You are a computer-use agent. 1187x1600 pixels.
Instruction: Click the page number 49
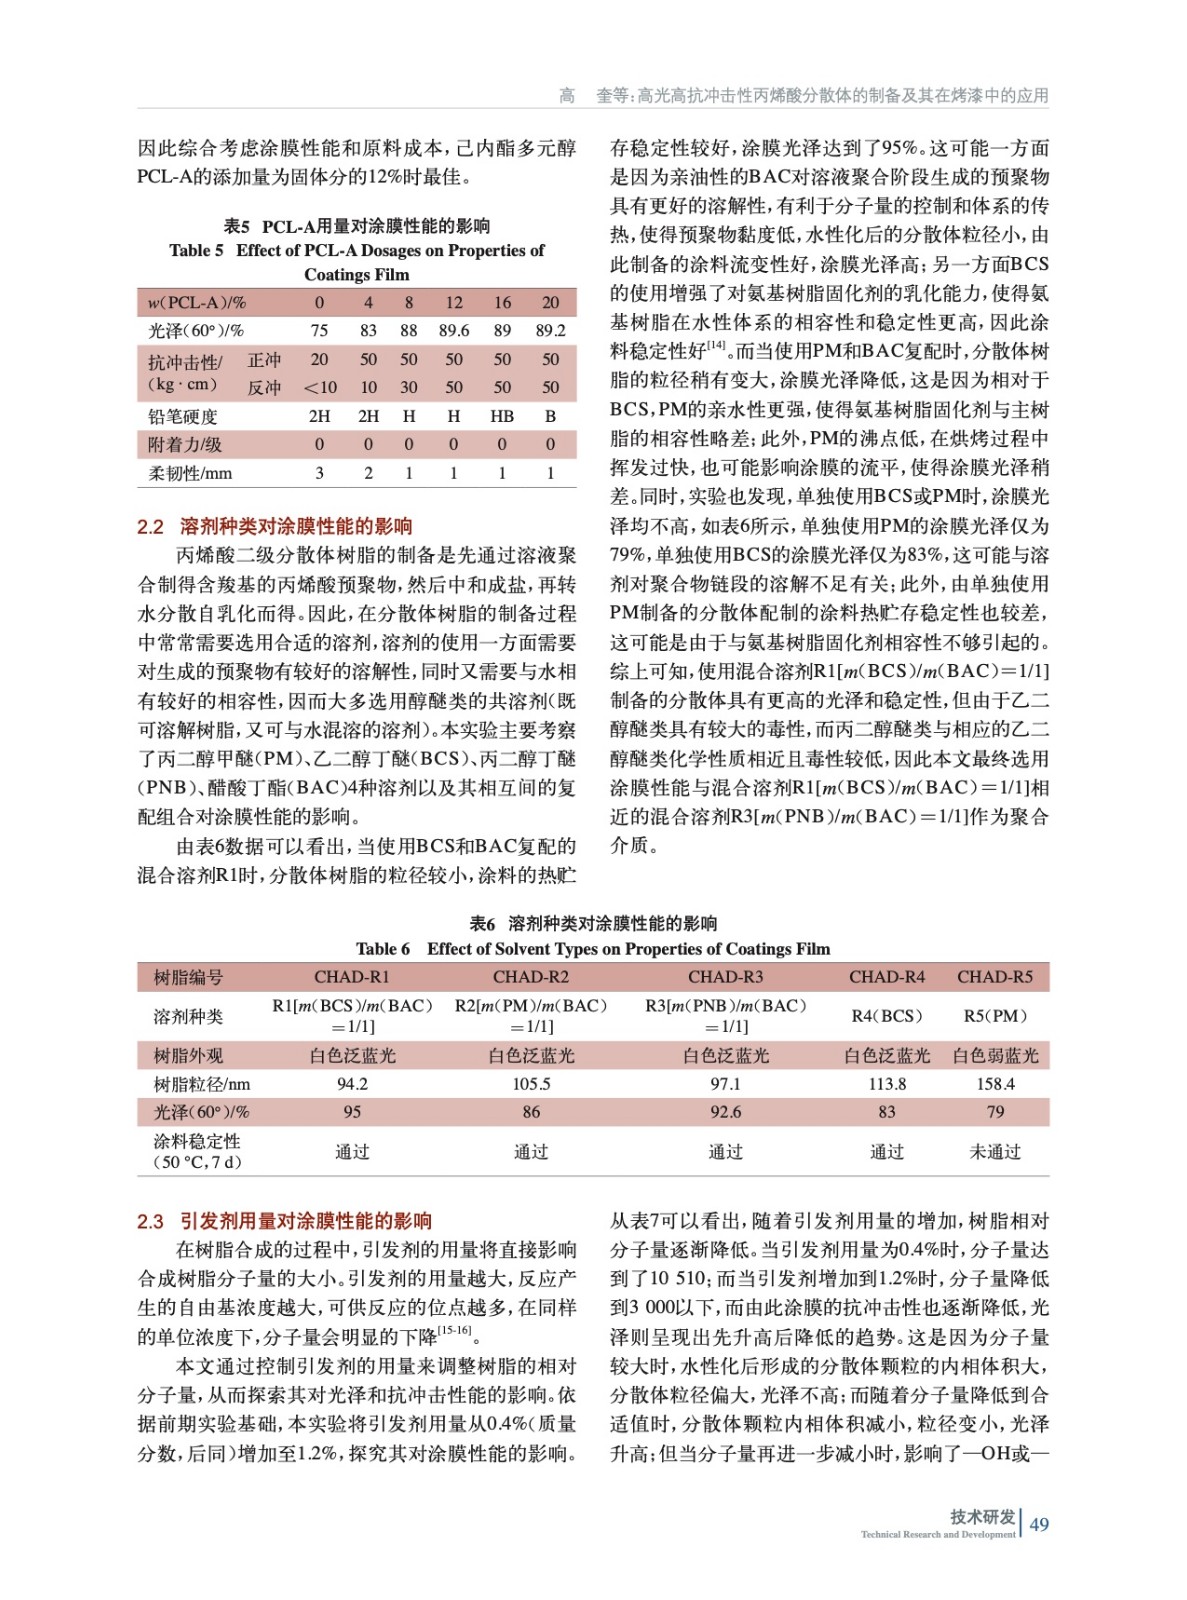point(1039,1524)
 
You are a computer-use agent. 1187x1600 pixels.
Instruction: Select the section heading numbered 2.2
point(275,526)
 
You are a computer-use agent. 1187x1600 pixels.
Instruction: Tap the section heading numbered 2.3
point(285,1221)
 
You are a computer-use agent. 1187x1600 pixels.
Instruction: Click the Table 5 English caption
point(357,262)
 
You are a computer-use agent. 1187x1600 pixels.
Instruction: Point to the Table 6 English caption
point(593,948)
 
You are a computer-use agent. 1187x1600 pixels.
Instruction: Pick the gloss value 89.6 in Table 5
point(454,331)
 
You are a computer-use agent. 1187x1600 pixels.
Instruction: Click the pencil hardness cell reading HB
point(502,416)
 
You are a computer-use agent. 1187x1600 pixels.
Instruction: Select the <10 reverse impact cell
point(320,388)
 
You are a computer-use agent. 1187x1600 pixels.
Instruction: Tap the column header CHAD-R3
point(725,977)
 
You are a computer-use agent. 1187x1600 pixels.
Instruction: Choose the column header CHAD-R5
point(995,977)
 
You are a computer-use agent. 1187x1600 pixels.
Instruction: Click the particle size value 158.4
point(995,1084)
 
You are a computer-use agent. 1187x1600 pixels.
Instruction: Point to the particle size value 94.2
point(352,1084)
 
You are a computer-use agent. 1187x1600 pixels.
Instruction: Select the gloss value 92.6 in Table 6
point(725,1112)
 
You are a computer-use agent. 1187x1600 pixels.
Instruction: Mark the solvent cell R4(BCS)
point(887,1016)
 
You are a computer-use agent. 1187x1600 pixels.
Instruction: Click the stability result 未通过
point(995,1152)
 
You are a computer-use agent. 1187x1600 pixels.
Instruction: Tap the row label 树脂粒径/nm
point(202,1084)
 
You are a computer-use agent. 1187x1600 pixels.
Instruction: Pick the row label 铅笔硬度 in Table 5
point(183,416)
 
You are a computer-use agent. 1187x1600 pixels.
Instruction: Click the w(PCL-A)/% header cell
point(197,303)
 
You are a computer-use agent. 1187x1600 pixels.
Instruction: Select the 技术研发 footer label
point(982,1517)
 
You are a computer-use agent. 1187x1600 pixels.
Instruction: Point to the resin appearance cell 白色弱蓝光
point(995,1056)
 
